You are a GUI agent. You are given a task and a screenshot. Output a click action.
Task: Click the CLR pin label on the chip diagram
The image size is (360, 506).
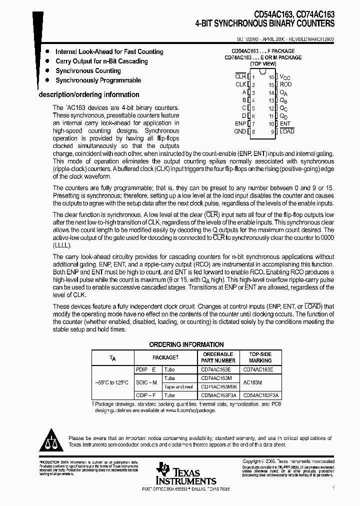click(x=240, y=76)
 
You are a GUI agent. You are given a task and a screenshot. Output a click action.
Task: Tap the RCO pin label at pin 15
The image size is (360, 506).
click(x=285, y=84)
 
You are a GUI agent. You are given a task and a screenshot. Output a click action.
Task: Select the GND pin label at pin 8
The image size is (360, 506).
click(x=240, y=131)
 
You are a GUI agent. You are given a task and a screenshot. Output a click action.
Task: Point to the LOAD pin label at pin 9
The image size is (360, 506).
click(x=287, y=131)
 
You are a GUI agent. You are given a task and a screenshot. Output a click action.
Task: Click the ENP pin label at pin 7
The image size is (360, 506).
click(x=240, y=123)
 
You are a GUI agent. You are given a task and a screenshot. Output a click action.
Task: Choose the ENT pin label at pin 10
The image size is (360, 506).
click(x=285, y=123)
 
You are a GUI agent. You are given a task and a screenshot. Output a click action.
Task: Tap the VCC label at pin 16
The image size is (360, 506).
click(x=284, y=77)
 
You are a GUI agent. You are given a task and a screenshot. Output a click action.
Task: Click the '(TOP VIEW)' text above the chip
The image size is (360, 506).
click(x=263, y=64)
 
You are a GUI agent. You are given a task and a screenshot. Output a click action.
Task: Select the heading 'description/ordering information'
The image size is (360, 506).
click(x=89, y=94)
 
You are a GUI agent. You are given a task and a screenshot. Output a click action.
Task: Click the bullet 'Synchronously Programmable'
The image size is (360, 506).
click(x=98, y=80)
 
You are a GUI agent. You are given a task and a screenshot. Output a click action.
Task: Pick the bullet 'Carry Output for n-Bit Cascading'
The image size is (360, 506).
click(x=101, y=61)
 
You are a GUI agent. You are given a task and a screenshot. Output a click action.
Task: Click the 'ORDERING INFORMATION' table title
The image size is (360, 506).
click(x=186, y=344)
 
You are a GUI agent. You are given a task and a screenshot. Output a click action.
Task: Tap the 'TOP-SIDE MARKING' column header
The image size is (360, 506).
click(x=260, y=357)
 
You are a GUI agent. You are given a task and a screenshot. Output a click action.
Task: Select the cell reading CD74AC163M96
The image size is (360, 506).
click(x=218, y=386)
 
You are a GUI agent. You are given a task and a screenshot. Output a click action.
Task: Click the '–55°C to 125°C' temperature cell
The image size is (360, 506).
click(x=112, y=382)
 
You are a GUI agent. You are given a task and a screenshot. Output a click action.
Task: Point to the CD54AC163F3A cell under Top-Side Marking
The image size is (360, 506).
click(x=260, y=395)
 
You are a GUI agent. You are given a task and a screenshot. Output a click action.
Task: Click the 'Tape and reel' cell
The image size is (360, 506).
click(x=178, y=386)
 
